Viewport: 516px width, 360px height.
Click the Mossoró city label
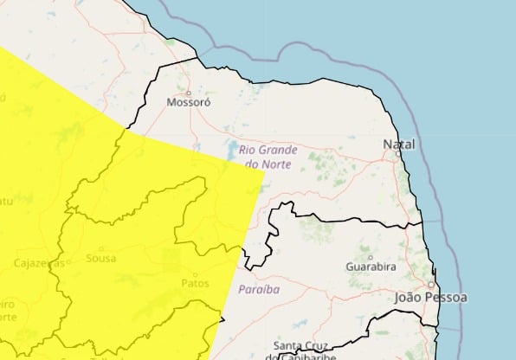(188, 101)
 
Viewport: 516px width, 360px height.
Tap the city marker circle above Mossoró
(188, 91)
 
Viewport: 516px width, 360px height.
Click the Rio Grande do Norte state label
(268, 157)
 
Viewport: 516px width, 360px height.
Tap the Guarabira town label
(371, 267)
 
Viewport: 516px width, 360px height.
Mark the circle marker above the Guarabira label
(371, 256)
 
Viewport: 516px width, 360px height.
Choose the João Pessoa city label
(430, 297)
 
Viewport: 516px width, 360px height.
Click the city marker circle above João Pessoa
(431, 284)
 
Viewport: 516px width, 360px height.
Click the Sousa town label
(101, 259)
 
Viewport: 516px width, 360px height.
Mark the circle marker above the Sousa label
(101, 248)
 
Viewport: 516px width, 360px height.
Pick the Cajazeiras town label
(37, 262)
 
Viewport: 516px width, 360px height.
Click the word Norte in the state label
(278, 164)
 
